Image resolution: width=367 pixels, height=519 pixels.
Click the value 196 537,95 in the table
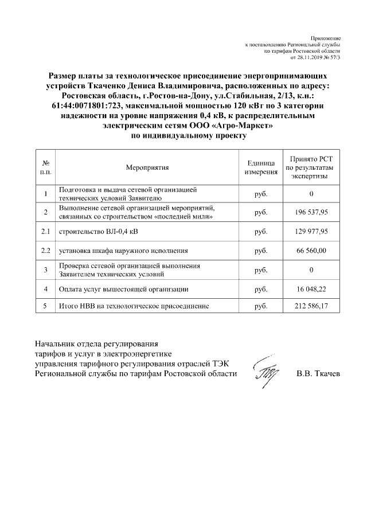point(311,213)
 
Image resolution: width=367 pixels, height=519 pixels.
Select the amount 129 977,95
point(311,232)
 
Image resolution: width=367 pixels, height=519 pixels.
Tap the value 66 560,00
point(311,251)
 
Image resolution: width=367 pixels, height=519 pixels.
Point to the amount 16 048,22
point(311,290)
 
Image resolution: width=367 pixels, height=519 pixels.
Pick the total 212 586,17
point(311,307)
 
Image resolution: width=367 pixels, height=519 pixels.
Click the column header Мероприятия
point(147,167)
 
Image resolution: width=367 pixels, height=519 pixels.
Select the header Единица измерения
point(261,167)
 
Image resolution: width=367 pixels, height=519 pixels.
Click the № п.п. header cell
point(45,167)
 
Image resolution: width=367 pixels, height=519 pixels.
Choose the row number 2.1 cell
point(45,232)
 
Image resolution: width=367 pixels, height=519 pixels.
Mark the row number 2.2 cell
point(45,251)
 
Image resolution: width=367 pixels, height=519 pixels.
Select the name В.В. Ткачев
point(318,374)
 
